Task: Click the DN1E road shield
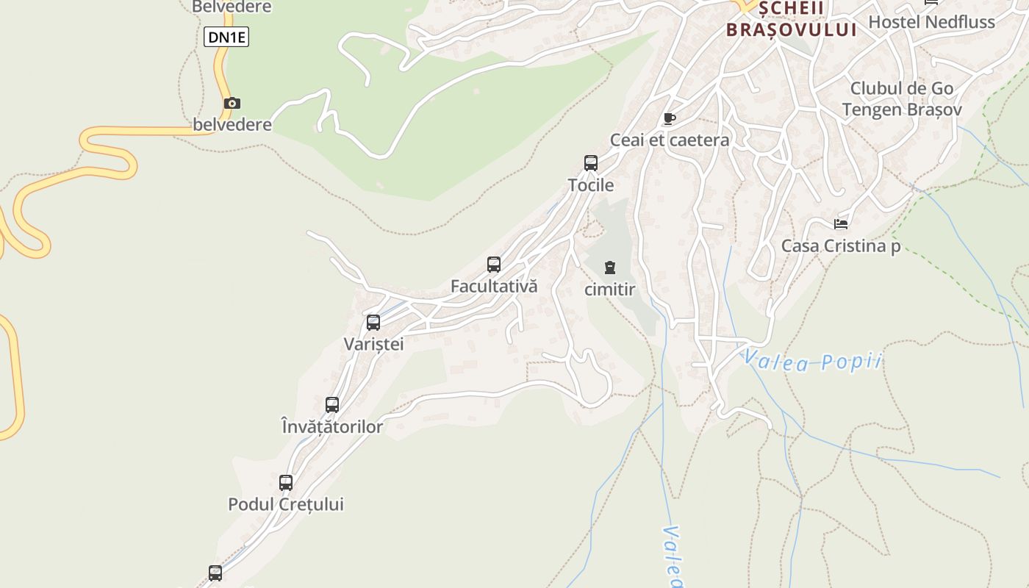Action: pyautogui.click(x=226, y=37)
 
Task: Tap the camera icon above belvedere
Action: pyautogui.click(x=232, y=104)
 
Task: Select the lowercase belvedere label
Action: pyautogui.click(x=232, y=125)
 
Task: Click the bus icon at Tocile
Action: pyautogui.click(x=591, y=163)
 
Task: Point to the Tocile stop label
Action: pyautogui.click(x=591, y=185)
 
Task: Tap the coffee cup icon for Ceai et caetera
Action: pyautogui.click(x=669, y=118)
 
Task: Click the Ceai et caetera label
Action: pyautogui.click(x=670, y=140)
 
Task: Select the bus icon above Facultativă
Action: pyautogui.click(x=494, y=265)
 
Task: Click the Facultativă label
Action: pyautogui.click(x=494, y=287)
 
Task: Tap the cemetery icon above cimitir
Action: pyautogui.click(x=610, y=268)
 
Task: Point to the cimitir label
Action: pyautogui.click(x=610, y=290)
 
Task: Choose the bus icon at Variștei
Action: pyautogui.click(x=373, y=322)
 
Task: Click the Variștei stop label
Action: pyautogui.click(x=373, y=344)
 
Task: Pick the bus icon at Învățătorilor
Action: pyautogui.click(x=332, y=404)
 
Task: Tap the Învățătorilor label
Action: pyautogui.click(x=332, y=426)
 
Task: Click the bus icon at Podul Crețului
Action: pyautogui.click(x=286, y=483)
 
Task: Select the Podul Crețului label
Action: pyautogui.click(x=286, y=505)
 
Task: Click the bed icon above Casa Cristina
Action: pyautogui.click(x=841, y=223)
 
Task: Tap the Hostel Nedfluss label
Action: pyautogui.click(x=932, y=22)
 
